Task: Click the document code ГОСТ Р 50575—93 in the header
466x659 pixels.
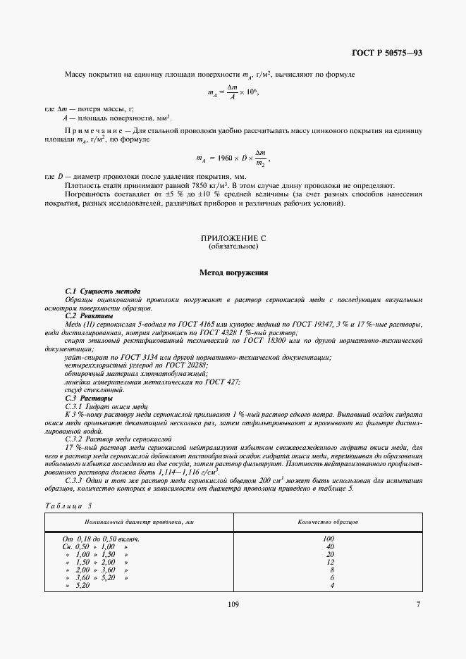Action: point(387,54)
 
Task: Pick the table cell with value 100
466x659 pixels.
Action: point(329,539)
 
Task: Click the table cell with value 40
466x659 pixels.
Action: point(329,546)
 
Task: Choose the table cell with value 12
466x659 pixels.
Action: point(329,562)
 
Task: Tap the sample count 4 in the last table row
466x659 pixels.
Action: point(331,585)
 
